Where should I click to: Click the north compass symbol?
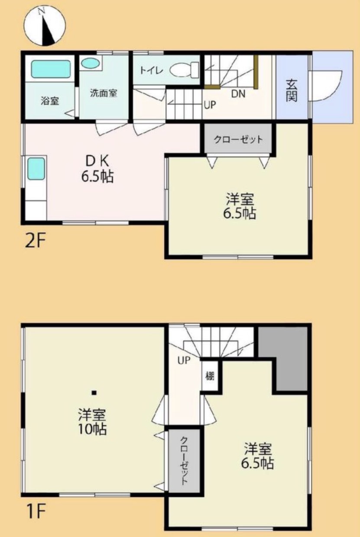[x=45, y=26]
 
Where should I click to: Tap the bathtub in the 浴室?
[x=51, y=69]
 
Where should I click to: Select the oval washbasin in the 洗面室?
[x=90, y=64]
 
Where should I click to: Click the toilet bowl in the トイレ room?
[x=184, y=70]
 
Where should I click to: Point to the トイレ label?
[x=152, y=71]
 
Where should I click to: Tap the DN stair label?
[x=238, y=94]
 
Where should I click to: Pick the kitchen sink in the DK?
[x=36, y=169]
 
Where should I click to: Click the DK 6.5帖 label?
[x=97, y=169]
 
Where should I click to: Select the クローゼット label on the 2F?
[x=238, y=139]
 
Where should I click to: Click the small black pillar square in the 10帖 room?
[x=94, y=393]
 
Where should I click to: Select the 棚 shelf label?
[x=210, y=376]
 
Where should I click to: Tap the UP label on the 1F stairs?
[x=184, y=360]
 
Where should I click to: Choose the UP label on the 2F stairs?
[x=210, y=105]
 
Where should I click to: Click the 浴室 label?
[x=50, y=101]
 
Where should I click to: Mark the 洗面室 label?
[x=104, y=93]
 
